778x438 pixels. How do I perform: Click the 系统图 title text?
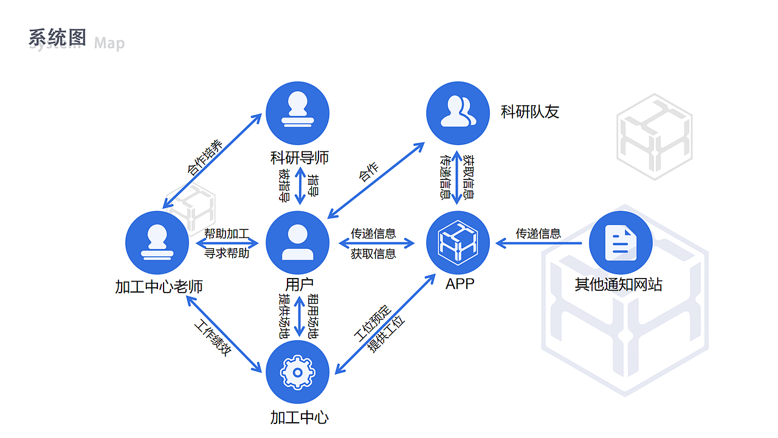pyautogui.click(x=57, y=38)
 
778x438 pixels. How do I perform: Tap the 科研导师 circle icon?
pyautogui.click(x=298, y=114)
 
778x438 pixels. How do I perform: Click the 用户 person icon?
pyautogui.click(x=298, y=243)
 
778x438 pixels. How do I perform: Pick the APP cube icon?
pyautogui.click(x=458, y=243)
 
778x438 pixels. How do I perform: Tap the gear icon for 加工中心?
pyautogui.click(x=298, y=372)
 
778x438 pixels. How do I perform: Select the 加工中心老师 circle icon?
pyautogui.click(x=157, y=243)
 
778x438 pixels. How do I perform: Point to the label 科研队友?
pyautogui.click(x=529, y=112)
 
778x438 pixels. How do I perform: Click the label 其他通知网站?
pyautogui.click(x=618, y=285)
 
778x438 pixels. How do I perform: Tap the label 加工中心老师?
pyautogui.click(x=159, y=287)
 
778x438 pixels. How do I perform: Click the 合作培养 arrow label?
pyautogui.click(x=205, y=158)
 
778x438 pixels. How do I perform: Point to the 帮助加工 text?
pyautogui.click(x=226, y=234)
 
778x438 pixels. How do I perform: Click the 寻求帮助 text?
pyautogui.click(x=226, y=253)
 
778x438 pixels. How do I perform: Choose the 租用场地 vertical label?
pyautogui.click(x=313, y=316)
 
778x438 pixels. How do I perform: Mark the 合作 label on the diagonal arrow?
pyautogui.click(x=368, y=172)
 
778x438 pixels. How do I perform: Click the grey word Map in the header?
pyautogui.click(x=109, y=43)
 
